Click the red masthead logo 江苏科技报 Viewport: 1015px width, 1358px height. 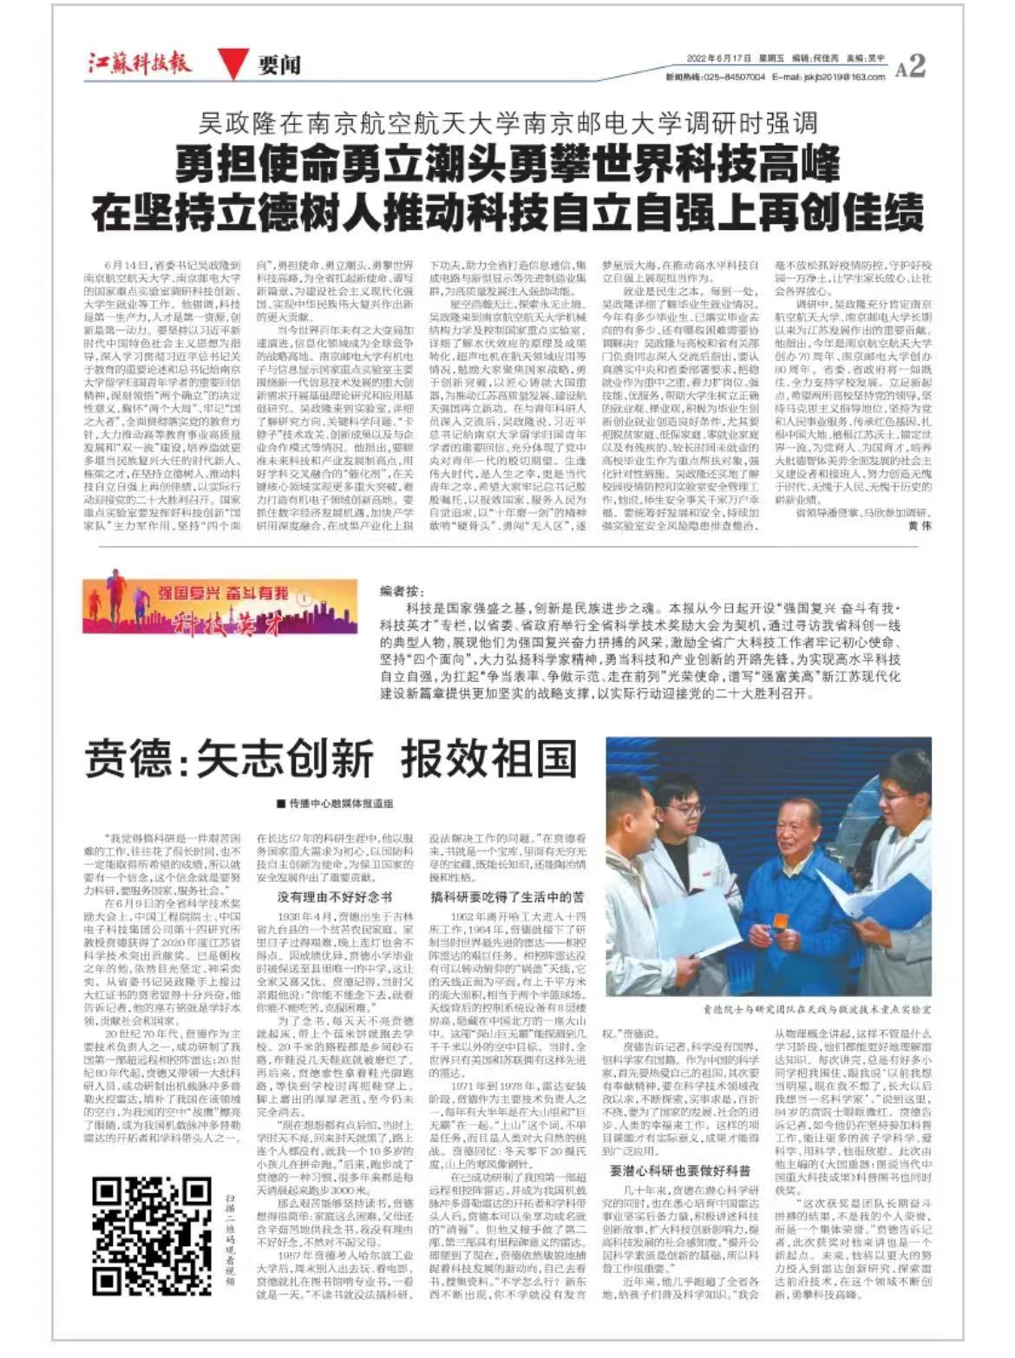pyautogui.click(x=140, y=63)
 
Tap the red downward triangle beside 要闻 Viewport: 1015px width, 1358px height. pyautogui.click(x=229, y=64)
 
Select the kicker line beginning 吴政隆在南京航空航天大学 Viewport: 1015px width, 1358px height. pyautogui.click(x=507, y=122)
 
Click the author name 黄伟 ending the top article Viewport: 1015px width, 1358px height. pyautogui.click(x=920, y=526)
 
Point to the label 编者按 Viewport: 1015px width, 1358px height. pyautogui.click(x=402, y=591)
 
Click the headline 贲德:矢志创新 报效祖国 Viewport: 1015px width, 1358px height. pyautogui.click(x=331, y=758)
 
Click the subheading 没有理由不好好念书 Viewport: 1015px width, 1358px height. pyautogui.click(x=334, y=897)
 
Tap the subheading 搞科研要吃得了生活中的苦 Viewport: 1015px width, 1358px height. pyautogui.click(x=507, y=897)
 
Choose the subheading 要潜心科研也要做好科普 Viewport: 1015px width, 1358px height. pyautogui.click(x=680, y=1171)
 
